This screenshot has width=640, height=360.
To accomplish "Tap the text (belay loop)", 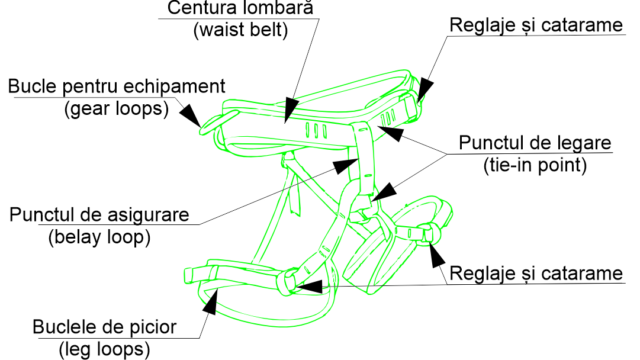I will (99, 236).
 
